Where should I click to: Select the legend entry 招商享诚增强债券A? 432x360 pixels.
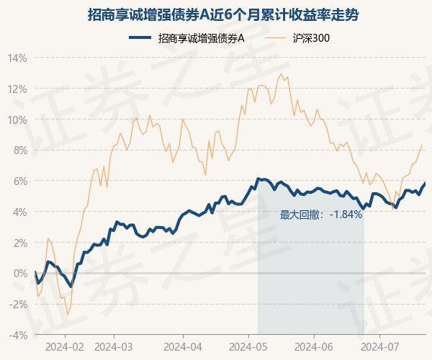202,38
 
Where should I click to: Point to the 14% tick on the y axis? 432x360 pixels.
17,58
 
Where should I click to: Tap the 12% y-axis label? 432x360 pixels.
17,89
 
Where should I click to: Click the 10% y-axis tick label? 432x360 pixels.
17,120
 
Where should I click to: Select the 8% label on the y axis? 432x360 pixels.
19,150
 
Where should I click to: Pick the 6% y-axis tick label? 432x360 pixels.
19,181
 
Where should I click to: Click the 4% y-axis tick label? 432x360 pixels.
19,212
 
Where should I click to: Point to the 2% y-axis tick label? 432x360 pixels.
19,243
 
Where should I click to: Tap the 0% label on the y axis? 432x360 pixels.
19,274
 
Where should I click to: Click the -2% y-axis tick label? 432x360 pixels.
18,304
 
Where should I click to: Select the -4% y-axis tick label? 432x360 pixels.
18,335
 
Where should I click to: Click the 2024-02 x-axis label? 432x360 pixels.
64,346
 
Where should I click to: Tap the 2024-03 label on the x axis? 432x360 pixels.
114,346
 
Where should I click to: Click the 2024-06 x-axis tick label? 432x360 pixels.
314,346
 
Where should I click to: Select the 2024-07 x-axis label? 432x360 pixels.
380,346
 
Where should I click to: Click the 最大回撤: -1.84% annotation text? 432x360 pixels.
321,215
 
